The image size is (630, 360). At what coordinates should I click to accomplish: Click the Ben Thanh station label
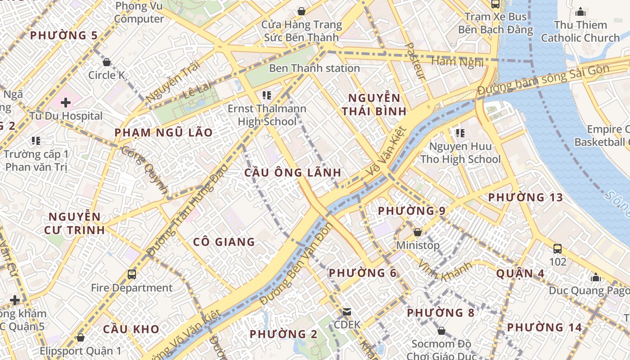pos(314,68)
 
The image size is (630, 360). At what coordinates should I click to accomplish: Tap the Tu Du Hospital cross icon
pos(66,103)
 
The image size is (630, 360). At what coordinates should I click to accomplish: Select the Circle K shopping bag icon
pos(107,62)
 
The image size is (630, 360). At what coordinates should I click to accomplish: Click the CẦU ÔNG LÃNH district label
pos(292,173)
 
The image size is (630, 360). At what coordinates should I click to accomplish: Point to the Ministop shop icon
pos(418,232)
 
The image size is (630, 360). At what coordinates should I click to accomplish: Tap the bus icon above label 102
pos(558,248)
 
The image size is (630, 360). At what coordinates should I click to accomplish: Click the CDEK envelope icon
pos(347,311)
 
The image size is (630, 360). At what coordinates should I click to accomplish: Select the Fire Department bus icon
pos(131,274)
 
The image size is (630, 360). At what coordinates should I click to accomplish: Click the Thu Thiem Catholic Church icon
pos(580,12)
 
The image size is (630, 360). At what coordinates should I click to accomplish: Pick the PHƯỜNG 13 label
pos(525,198)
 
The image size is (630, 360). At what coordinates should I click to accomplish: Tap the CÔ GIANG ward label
pos(224,242)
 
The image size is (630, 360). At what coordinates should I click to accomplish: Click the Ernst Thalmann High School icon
pos(267,95)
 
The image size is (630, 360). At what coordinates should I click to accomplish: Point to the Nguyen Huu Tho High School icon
pos(460,133)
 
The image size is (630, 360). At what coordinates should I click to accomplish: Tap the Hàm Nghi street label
pos(457,62)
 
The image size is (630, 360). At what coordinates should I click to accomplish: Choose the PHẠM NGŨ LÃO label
pos(163,133)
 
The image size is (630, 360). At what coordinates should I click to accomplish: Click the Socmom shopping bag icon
pos(441,331)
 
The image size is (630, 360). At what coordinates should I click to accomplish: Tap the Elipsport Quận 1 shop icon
pos(81,337)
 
